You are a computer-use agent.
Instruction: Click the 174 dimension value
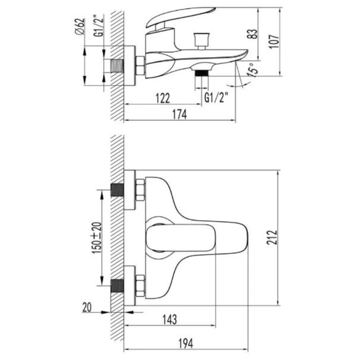179,114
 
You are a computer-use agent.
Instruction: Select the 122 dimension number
163,98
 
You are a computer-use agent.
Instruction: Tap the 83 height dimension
253,34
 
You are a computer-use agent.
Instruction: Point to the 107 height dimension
274,42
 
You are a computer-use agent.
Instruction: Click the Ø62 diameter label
80,26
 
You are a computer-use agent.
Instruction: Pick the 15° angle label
251,70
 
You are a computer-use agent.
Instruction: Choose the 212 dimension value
272,238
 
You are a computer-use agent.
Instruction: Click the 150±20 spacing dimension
97,238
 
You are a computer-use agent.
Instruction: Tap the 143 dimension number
170,319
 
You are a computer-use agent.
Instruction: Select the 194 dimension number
186,344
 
